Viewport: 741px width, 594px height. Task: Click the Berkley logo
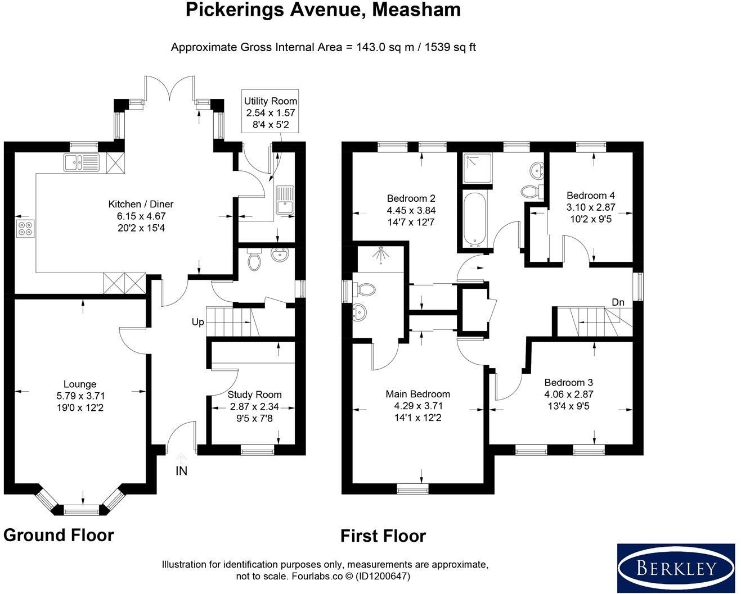click(676, 568)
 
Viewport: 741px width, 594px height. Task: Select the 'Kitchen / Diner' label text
click(141, 205)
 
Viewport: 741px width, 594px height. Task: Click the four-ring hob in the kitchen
click(25, 229)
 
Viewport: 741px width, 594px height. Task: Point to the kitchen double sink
click(81, 162)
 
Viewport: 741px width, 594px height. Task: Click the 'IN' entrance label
click(181, 471)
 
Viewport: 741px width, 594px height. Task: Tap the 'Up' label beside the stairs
click(197, 322)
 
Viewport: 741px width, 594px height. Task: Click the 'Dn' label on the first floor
click(618, 302)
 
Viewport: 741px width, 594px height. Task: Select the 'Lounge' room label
click(80, 384)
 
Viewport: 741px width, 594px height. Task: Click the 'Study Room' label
click(254, 395)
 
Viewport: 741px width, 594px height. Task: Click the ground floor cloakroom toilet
click(254, 261)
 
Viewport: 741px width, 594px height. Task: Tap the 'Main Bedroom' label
click(417, 394)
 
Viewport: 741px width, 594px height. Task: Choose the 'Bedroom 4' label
click(590, 196)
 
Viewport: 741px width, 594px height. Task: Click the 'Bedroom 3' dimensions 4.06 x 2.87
click(568, 395)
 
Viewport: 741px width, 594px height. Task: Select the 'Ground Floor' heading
click(59, 535)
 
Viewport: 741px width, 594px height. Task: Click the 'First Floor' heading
click(383, 536)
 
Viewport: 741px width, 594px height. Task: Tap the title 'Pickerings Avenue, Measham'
click(323, 10)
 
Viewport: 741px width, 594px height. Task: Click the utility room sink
click(285, 199)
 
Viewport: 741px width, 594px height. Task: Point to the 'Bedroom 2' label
click(411, 198)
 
